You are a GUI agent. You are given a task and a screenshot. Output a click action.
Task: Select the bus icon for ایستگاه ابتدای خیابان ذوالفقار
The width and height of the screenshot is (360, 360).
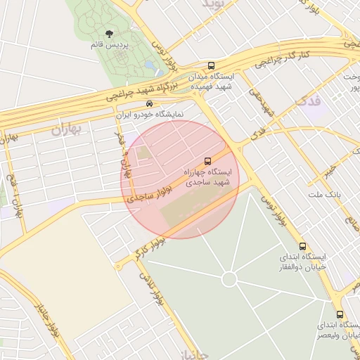pos(302,247)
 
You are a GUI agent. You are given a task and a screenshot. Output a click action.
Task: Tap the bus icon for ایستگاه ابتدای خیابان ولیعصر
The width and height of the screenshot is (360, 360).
pos(340,314)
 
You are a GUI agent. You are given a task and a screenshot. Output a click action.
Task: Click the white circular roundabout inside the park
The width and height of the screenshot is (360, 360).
pos(229,279)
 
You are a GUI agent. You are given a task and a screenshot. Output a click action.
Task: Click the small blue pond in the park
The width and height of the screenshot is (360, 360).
pos(150,67)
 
